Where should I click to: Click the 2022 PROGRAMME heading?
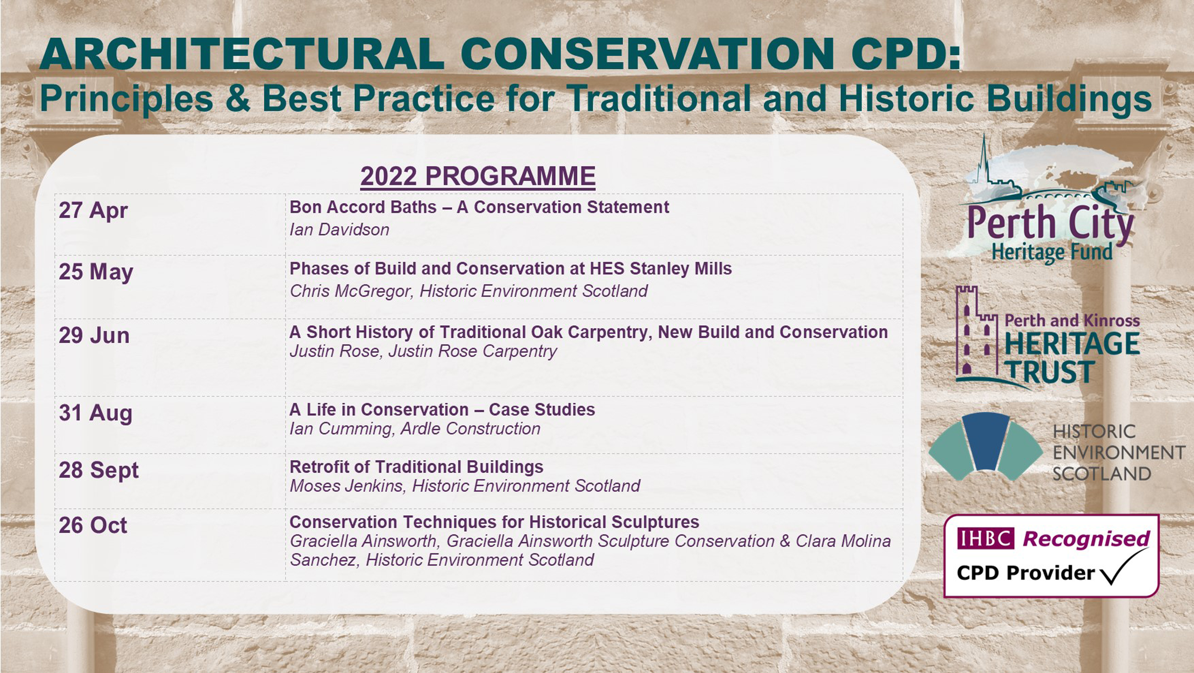[x=478, y=177]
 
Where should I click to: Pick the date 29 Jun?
[x=94, y=335]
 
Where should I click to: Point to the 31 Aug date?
[x=95, y=413]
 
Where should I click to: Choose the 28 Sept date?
[x=99, y=470]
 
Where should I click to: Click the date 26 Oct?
[x=93, y=526]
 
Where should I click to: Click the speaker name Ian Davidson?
[x=339, y=230]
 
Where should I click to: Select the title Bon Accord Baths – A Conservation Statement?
[x=479, y=207]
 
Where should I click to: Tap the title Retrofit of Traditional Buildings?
[x=416, y=467]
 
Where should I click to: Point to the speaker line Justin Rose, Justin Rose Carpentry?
[x=423, y=351]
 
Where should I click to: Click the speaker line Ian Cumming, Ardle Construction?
[x=415, y=429]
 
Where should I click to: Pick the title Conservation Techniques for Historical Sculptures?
[x=494, y=522]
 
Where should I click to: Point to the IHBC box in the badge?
[x=985, y=538]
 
